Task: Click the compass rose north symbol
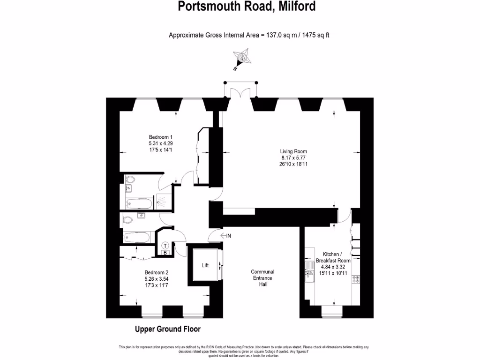coord(242,59)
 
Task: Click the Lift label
coord(205,265)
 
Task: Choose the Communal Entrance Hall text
coord(262,278)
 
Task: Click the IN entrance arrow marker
coord(225,235)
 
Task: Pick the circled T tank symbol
coord(165,245)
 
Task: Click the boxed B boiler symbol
coord(165,253)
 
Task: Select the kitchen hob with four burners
coord(356,279)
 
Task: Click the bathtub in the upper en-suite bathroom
coord(140,203)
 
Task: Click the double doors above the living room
coord(240,91)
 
